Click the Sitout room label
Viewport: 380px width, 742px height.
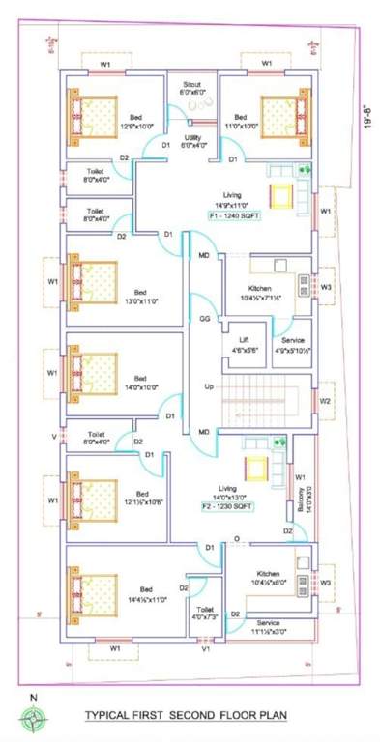coord(191,89)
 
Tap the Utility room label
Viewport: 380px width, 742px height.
coord(191,141)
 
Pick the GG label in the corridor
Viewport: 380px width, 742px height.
coord(205,318)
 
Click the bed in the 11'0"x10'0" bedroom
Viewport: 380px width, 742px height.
coord(278,117)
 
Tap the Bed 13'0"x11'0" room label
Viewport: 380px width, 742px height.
coord(140,296)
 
